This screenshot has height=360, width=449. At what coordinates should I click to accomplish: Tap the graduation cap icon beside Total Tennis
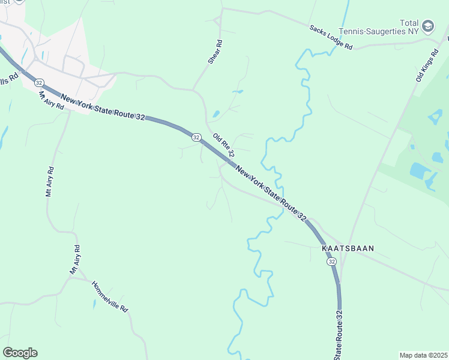tap(427, 26)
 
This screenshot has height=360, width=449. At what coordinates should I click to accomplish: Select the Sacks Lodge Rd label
tap(330, 37)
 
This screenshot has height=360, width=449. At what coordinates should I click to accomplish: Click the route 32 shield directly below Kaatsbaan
tap(332, 262)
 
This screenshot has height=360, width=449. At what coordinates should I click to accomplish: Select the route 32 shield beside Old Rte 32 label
tap(196, 137)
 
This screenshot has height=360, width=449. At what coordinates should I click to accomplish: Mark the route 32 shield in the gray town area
tap(38, 82)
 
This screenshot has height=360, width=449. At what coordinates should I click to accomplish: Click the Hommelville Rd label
tap(110, 296)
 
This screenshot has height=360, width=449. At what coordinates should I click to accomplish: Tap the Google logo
tap(20, 353)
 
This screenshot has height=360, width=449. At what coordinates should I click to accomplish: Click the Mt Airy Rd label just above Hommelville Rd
tap(75, 260)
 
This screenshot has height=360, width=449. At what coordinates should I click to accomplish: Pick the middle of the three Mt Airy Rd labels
tap(50, 181)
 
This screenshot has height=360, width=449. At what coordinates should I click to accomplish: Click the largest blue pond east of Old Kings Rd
tap(420, 170)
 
